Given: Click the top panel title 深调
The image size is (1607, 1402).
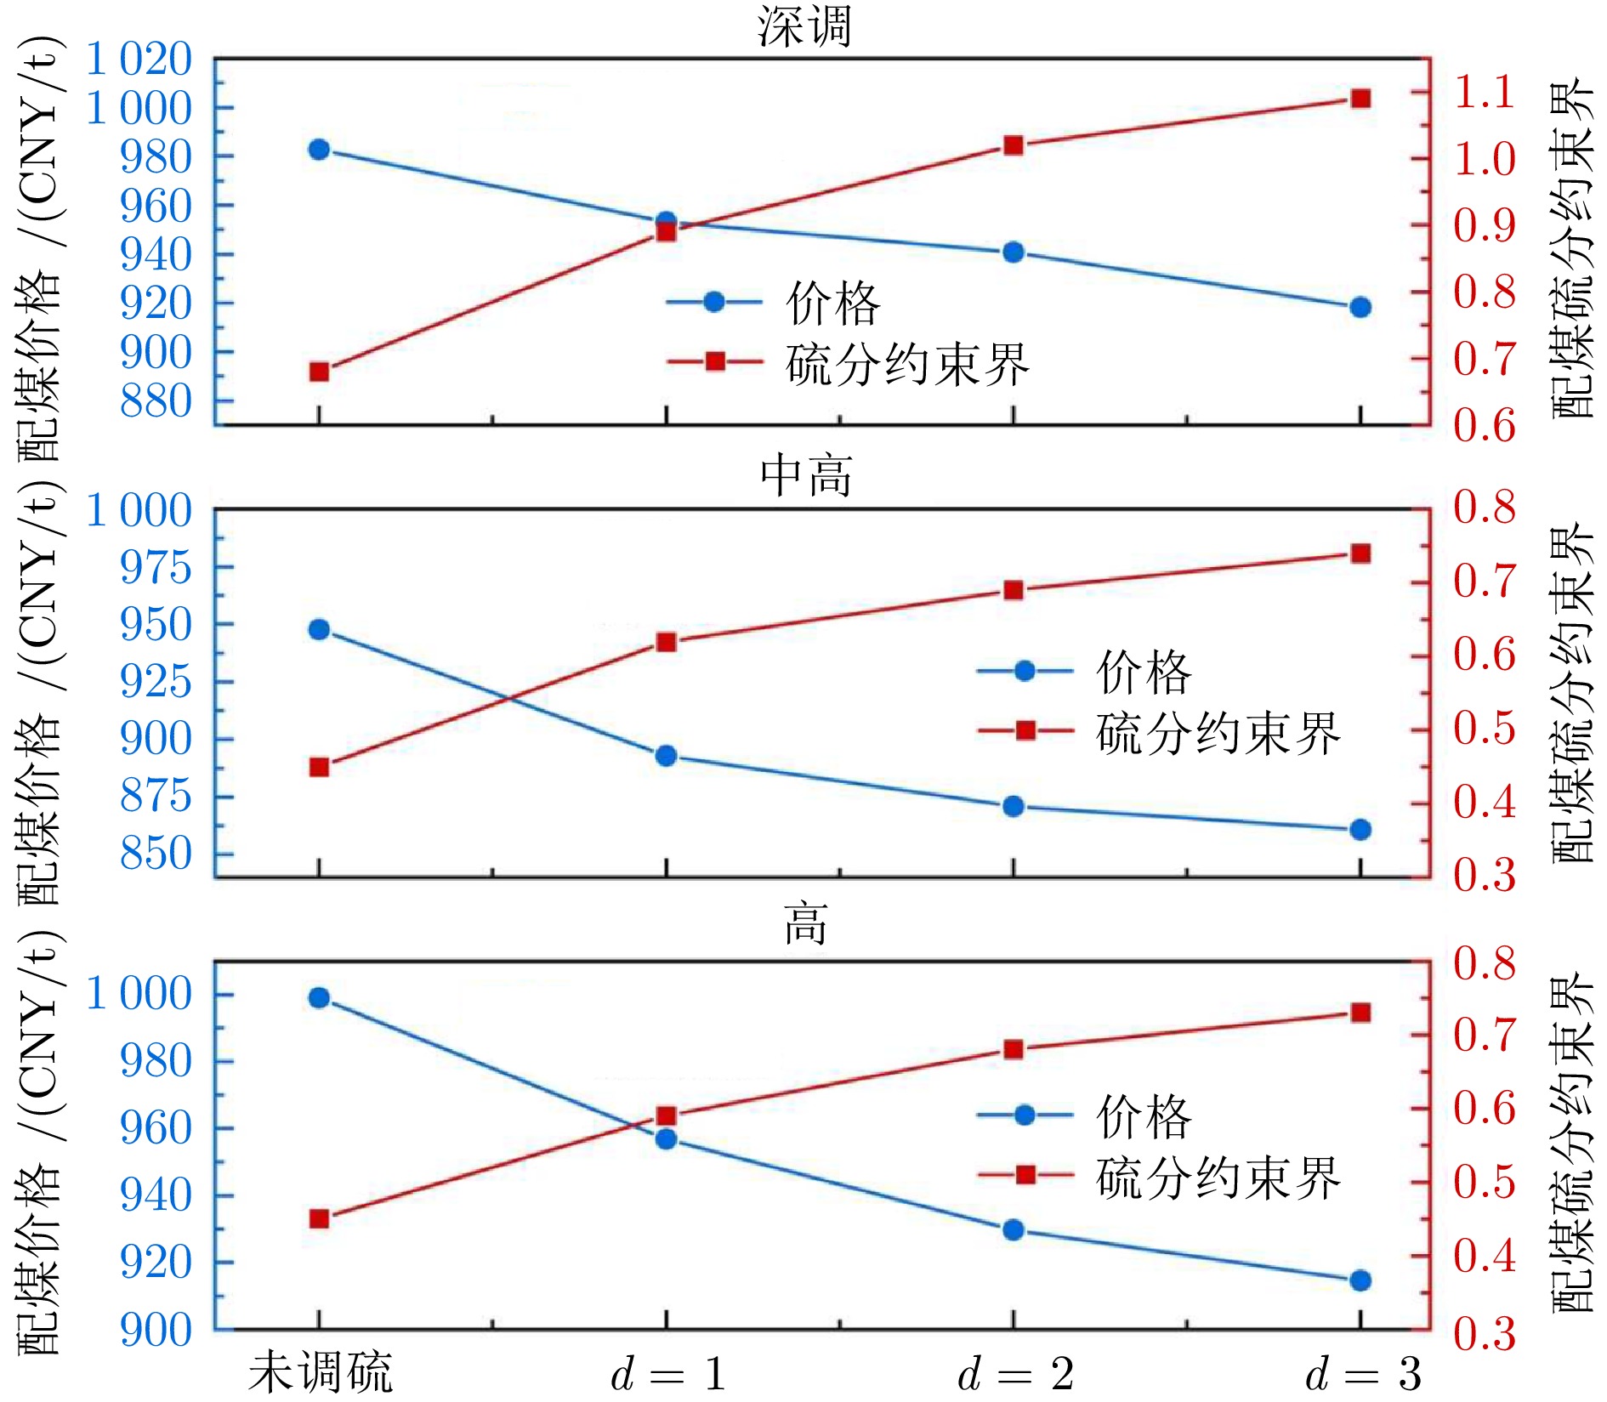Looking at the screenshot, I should tap(803, 26).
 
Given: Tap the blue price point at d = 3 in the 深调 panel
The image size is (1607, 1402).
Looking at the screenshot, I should tap(1360, 307).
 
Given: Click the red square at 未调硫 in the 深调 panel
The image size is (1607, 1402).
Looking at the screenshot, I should tap(319, 372).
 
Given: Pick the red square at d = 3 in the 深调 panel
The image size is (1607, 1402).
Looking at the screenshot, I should tap(1360, 99).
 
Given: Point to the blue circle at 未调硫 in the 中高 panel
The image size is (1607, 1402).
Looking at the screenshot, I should tap(319, 630).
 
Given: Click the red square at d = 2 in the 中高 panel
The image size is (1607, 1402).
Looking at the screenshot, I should tap(1013, 590).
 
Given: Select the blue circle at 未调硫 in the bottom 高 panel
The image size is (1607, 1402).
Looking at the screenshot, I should tap(319, 998).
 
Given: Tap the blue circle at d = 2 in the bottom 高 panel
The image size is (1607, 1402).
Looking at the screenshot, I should tap(1013, 1230).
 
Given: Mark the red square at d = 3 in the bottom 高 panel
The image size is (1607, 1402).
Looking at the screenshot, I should tap(1360, 1013).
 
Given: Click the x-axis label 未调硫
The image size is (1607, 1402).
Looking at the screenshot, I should tap(320, 1372).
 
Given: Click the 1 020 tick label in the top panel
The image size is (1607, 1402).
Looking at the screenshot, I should tap(139, 60).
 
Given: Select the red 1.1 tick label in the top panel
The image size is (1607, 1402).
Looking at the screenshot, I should tap(1484, 92).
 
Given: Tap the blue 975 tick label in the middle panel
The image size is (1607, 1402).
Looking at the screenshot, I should tap(156, 567).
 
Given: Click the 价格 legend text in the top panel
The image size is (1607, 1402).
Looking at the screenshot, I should tap(832, 303).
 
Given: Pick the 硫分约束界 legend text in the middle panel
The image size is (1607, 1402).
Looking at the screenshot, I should tap(1218, 733).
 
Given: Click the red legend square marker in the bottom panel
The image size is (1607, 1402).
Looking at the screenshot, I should tap(1025, 1175).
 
